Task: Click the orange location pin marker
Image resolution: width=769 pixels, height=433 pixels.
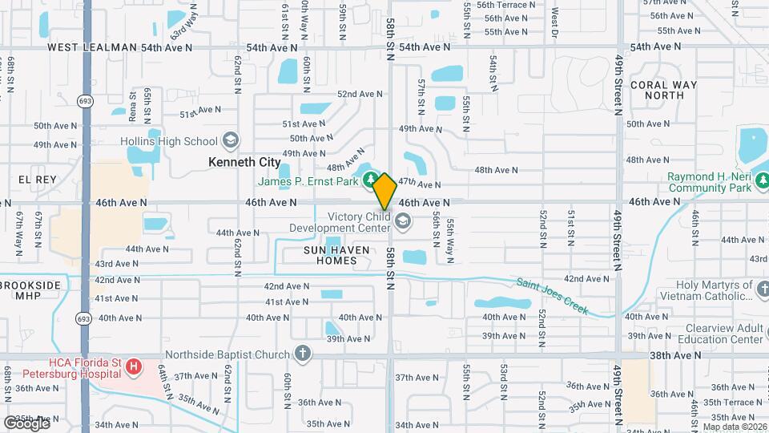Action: pyautogui.click(x=384, y=191)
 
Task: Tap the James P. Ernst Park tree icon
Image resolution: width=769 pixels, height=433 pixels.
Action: pyautogui.click(x=369, y=178)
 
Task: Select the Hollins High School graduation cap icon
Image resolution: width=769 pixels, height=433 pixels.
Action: pyautogui.click(x=231, y=141)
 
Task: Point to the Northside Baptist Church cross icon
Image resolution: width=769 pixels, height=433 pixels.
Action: pyautogui.click(x=302, y=354)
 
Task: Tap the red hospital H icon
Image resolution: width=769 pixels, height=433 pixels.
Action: pyautogui.click(x=134, y=368)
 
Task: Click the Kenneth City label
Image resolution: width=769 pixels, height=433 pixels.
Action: pyautogui.click(x=244, y=162)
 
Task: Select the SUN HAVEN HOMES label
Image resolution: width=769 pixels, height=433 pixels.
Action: pyautogui.click(x=337, y=256)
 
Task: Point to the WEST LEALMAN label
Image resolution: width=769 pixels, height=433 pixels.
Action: pyautogui.click(x=92, y=47)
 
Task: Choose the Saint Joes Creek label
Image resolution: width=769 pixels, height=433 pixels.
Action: pyautogui.click(x=553, y=296)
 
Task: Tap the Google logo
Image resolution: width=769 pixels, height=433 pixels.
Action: pyautogui.click(x=26, y=423)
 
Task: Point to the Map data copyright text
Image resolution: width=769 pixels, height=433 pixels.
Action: pyautogui.click(x=733, y=426)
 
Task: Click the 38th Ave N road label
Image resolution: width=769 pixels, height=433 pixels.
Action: pyautogui.click(x=653, y=355)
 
